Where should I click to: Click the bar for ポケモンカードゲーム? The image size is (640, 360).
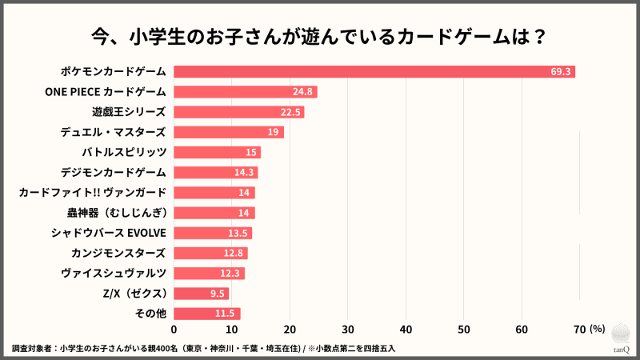(x=374, y=72)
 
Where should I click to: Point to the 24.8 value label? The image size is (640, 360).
(x=302, y=92)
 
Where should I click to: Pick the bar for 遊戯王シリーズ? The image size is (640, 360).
(x=238, y=112)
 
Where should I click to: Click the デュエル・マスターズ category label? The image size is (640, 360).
(x=113, y=132)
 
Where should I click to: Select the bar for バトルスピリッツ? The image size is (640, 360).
(x=217, y=152)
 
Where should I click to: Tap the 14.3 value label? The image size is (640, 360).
(x=243, y=172)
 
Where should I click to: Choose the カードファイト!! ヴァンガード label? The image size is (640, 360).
(x=92, y=193)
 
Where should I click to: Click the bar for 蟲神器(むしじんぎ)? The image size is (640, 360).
(x=214, y=213)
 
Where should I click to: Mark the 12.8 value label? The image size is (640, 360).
(x=234, y=253)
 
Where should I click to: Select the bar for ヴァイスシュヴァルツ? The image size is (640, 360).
(x=209, y=274)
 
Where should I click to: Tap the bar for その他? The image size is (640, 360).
(x=206, y=314)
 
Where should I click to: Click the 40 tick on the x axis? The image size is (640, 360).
(x=406, y=329)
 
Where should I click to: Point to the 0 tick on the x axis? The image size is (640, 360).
(x=174, y=329)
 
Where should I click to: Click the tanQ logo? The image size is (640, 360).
(x=621, y=340)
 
